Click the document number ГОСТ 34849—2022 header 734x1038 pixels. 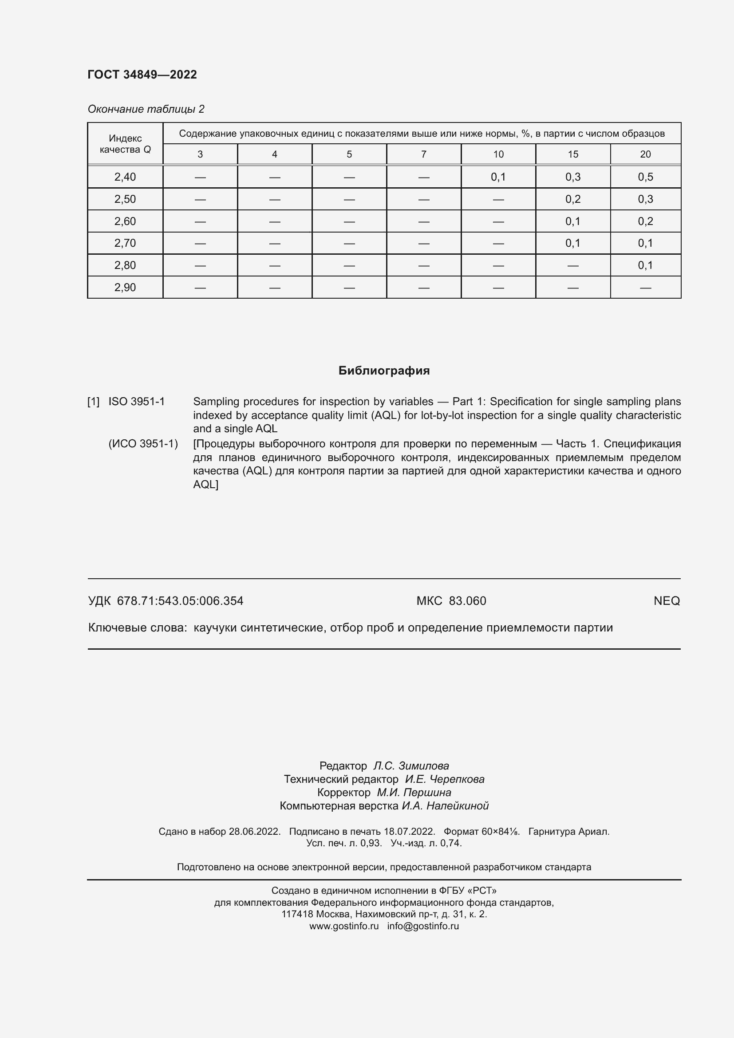coord(142,75)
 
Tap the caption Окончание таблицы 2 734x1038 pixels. coord(146,109)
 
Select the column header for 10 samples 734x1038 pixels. coord(498,154)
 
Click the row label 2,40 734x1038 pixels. coord(125,177)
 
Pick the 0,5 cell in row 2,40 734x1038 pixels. coord(645,177)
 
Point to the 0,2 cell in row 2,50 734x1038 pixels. coord(572,199)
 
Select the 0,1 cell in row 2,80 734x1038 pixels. coord(645,265)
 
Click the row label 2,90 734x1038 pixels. coord(125,288)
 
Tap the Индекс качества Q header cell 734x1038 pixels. coord(125,144)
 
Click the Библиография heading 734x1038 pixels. coord(384,371)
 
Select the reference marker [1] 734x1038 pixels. coord(93,402)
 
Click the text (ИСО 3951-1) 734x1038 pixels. coord(143,443)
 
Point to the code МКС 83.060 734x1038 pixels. coord(451,601)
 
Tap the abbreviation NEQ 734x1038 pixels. coord(666,601)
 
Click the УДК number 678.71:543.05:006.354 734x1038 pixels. coord(180,601)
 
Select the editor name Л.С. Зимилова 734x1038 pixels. coord(411,766)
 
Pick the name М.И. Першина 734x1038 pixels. coord(414,793)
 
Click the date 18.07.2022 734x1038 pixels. coord(409,831)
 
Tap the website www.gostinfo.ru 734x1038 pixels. coord(343,926)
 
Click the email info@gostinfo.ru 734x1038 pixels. coord(422,926)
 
